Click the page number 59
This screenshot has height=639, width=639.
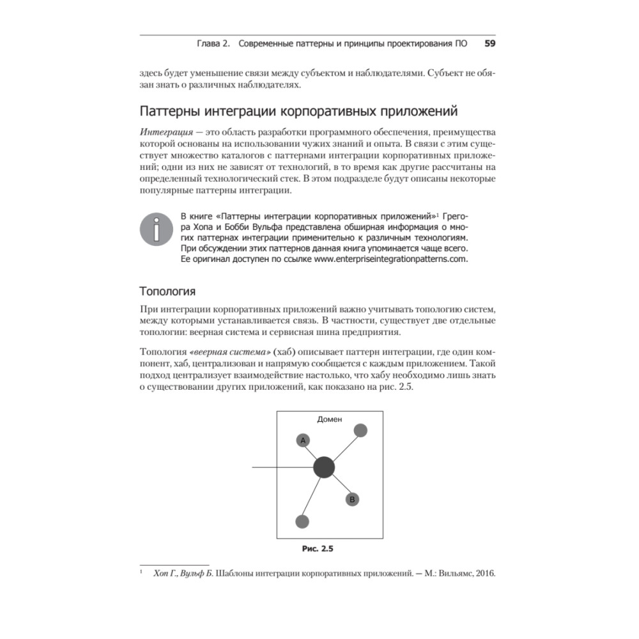(491, 44)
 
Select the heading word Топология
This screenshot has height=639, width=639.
(167, 292)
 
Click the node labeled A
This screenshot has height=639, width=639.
(303, 440)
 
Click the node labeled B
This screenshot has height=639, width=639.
(352, 499)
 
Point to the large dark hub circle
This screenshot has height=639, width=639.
(324, 468)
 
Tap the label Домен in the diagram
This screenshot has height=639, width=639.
(330, 420)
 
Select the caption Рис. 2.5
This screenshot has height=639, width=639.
(318, 548)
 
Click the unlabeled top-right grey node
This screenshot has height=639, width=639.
(360, 430)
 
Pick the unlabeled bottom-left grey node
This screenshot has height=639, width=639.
(302, 521)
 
